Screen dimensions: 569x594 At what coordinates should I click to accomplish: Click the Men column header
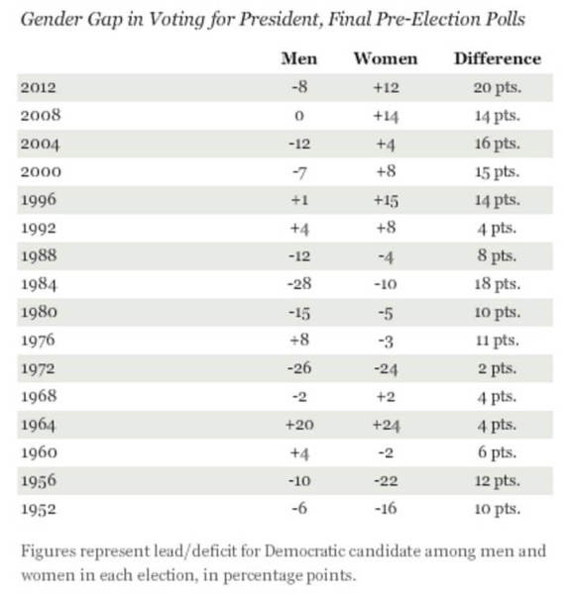pyautogui.click(x=299, y=58)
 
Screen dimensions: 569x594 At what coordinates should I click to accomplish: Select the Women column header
pyautogui.click(x=386, y=58)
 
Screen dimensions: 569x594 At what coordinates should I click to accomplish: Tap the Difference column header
pyautogui.click(x=498, y=58)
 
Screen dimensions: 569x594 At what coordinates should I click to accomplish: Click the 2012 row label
pyautogui.click(x=39, y=87)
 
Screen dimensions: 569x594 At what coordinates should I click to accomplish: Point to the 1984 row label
pyautogui.click(x=39, y=284)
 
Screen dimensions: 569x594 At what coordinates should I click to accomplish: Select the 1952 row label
pyautogui.click(x=39, y=509)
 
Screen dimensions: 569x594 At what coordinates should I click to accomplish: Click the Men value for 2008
pyautogui.click(x=299, y=116)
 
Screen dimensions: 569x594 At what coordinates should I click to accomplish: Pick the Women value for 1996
pyautogui.click(x=386, y=200)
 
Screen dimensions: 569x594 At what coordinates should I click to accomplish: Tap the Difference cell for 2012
pyautogui.click(x=497, y=88)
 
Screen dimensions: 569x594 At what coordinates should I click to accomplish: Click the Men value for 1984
pyautogui.click(x=299, y=284)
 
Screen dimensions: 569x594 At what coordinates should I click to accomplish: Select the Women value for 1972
pyautogui.click(x=386, y=368)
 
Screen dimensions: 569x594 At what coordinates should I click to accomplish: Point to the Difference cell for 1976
pyautogui.click(x=498, y=341)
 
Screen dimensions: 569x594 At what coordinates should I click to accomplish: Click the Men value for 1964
pyautogui.click(x=299, y=425)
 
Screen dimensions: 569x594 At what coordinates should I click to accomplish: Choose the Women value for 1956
pyautogui.click(x=386, y=481)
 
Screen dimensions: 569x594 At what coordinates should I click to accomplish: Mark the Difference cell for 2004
pyautogui.click(x=498, y=144)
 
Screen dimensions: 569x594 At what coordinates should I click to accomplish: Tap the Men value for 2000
pyautogui.click(x=299, y=172)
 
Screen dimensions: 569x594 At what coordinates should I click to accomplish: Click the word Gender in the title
pyautogui.click(x=52, y=19)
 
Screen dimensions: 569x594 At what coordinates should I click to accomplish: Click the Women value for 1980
pyautogui.click(x=386, y=313)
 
